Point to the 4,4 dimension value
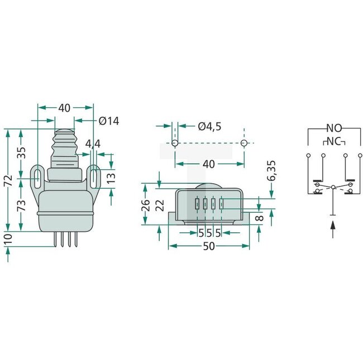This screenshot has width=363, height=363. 93,144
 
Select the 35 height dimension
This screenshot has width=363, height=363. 21,153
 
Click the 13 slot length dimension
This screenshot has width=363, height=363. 111,178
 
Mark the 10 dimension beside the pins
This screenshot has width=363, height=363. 7,240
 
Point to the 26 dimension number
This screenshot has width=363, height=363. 146,204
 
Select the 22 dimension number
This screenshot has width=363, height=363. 161,204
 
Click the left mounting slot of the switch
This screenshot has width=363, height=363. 37,179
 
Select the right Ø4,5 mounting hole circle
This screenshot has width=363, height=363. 243,144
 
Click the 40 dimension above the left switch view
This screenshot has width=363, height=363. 65,108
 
